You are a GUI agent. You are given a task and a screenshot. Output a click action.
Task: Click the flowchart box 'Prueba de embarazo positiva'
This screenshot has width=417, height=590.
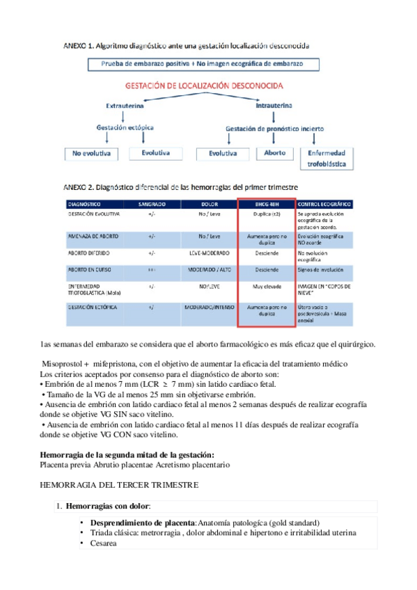click(x=205, y=64)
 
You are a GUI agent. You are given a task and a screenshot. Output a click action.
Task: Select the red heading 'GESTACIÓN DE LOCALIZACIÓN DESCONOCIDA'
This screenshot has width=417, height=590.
click(x=203, y=86)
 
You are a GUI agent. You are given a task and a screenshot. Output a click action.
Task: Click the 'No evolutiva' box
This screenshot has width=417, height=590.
click(x=91, y=153)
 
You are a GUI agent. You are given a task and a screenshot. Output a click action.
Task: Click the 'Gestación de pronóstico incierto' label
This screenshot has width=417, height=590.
click(x=274, y=129)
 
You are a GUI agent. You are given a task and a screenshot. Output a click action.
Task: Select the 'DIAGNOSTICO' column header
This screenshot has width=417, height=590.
click(x=84, y=205)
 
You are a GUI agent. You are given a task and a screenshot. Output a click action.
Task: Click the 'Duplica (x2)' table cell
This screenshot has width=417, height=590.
click(x=266, y=216)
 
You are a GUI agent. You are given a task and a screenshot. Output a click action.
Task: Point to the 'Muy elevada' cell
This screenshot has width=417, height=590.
click(x=266, y=285)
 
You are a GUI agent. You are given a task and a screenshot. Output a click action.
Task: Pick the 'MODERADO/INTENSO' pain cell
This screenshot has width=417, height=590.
click(x=209, y=306)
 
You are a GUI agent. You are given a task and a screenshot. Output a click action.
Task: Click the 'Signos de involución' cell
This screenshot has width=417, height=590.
click(x=320, y=269)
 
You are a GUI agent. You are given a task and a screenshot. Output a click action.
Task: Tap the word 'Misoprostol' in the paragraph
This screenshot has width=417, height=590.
click(x=61, y=365)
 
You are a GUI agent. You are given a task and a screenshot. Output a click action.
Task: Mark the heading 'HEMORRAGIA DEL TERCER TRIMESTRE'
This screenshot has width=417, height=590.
click(x=119, y=484)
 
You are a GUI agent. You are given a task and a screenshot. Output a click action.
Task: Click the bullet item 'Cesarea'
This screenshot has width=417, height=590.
click(x=103, y=543)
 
